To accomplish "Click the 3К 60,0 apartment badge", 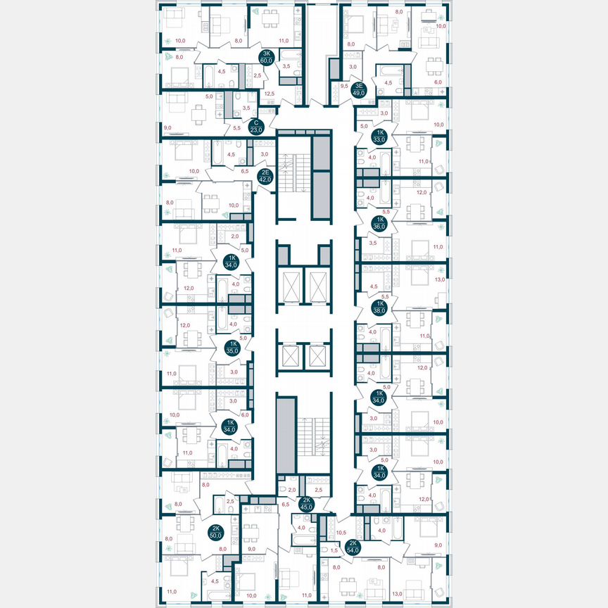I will click(x=267, y=58).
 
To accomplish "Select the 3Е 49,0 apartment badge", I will click(x=359, y=89).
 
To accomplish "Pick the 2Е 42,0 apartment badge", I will click(x=265, y=176).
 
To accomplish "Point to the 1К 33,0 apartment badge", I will click(x=380, y=136).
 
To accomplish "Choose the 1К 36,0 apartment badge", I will click(x=380, y=224).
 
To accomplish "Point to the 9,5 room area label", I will click(x=343, y=87).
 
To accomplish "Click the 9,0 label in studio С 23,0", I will click(x=167, y=127).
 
